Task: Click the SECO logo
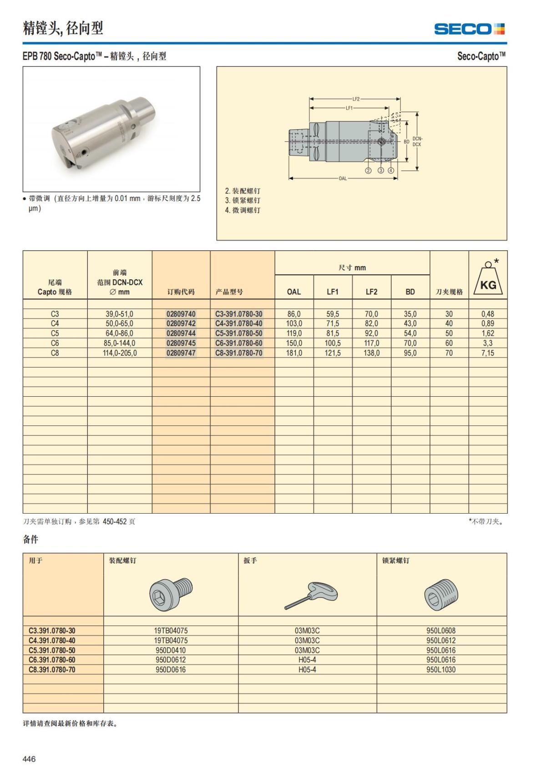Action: (x=469, y=29)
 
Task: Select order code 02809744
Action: (x=181, y=333)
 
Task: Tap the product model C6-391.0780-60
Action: (x=238, y=343)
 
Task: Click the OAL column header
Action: (x=293, y=292)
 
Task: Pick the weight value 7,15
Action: (x=487, y=353)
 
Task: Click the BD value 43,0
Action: (x=410, y=323)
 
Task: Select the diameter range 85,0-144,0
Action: (x=119, y=343)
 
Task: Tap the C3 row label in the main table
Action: (x=55, y=314)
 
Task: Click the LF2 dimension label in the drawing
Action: (x=355, y=99)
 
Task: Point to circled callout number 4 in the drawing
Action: (x=391, y=171)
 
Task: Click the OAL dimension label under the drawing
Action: (x=343, y=178)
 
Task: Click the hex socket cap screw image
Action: (x=171, y=594)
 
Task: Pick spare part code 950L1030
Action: (x=440, y=670)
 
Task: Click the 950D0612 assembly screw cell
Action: (x=171, y=660)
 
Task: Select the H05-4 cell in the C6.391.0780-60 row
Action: (x=307, y=660)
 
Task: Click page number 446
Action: (x=29, y=759)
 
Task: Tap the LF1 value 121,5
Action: (x=332, y=353)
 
